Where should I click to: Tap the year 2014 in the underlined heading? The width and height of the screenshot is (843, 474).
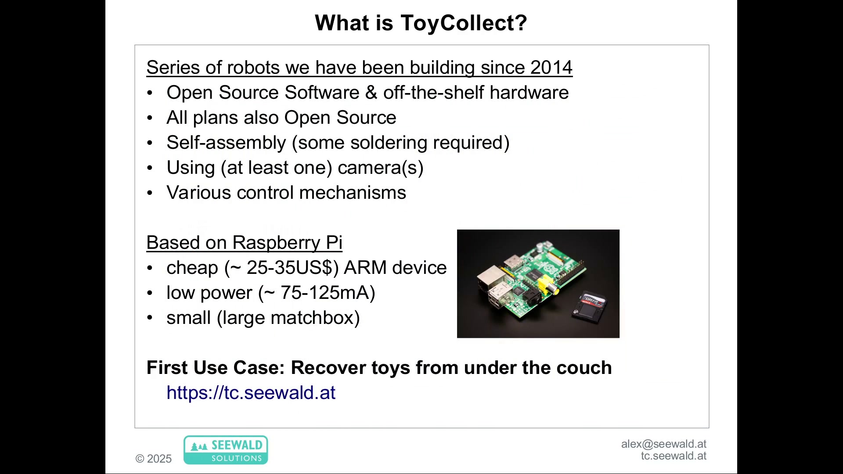pos(551,68)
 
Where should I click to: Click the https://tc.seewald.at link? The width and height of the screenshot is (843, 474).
pos(251,393)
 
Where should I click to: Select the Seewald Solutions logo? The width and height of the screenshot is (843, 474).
pos(226,450)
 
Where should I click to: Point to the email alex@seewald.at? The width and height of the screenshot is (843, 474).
pos(664,444)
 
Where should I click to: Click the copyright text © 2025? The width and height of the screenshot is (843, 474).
pos(154,459)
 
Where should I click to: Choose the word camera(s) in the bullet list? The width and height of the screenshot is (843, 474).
pos(381,168)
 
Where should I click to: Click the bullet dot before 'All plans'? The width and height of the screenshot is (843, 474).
pos(150,118)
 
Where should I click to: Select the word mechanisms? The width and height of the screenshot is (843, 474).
pos(353,193)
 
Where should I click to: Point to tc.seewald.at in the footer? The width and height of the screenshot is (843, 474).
pos(674,456)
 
